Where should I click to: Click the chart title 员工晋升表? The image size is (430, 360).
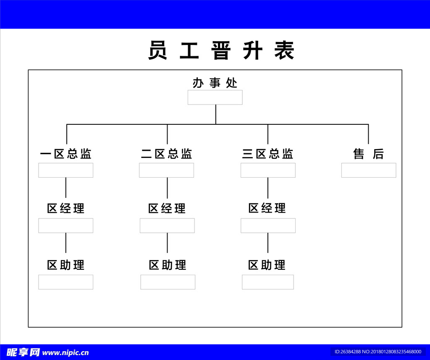click(221, 51)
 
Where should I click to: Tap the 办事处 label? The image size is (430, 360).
click(215, 83)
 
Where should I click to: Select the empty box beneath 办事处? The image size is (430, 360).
click(215, 97)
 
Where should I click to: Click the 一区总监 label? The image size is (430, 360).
click(66, 154)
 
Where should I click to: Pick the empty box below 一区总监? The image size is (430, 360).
click(66, 170)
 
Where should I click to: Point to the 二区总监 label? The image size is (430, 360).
click(167, 154)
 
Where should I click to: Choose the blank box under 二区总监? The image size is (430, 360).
click(167, 170)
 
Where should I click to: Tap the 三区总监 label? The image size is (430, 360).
click(268, 154)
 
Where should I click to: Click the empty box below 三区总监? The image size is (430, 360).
click(268, 170)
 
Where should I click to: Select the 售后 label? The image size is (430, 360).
click(368, 154)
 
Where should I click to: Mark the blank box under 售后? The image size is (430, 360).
click(369, 170)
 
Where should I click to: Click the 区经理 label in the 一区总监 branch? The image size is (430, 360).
click(66, 208)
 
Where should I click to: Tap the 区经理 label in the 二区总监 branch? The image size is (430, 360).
click(167, 208)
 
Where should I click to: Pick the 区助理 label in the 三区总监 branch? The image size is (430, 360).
click(267, 265)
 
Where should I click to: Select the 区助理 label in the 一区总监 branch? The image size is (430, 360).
click(66, 265)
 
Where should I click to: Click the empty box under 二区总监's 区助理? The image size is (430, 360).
click(168, 282)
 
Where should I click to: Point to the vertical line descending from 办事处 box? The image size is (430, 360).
click(216, 114)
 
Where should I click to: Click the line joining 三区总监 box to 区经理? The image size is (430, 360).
click(268, 188)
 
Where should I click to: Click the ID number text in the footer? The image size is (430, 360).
click(378, 352)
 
